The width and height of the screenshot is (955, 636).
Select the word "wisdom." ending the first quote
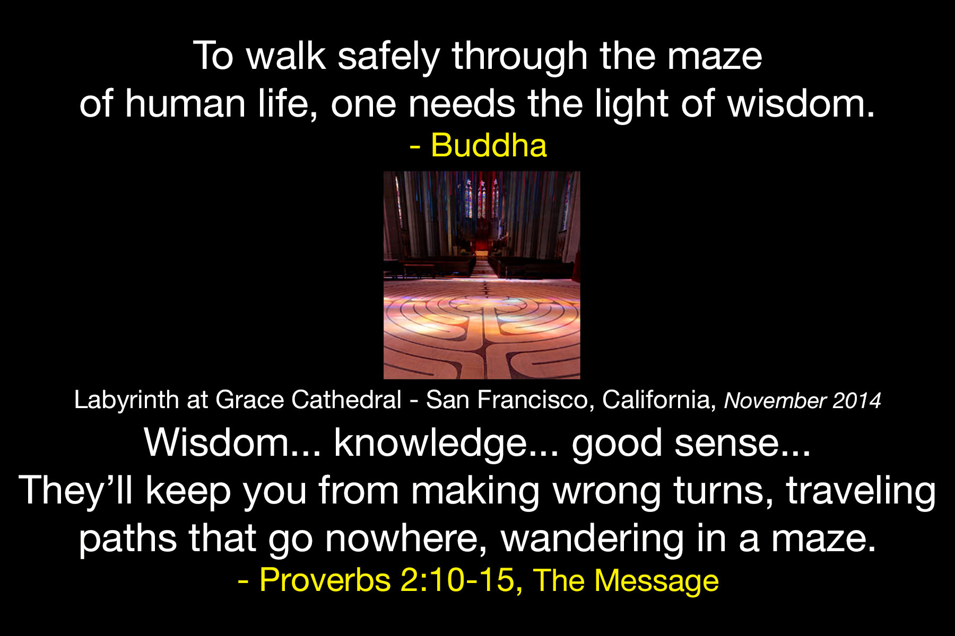[x=801, y=103]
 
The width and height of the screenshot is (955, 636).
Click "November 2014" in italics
[x=802, y=401]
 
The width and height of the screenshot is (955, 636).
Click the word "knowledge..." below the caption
[x=446, y=443]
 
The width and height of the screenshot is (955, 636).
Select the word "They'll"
[x=76, y=490]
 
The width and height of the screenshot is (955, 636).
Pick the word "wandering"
[x=592, y=538]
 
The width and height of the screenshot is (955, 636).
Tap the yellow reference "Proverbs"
[x=325, y=580]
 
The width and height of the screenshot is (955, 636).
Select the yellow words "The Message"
[x=626, y=580]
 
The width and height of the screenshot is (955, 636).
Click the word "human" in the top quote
[x=185, y=103]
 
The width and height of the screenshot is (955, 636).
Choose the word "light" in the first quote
[x=631, y=104]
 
